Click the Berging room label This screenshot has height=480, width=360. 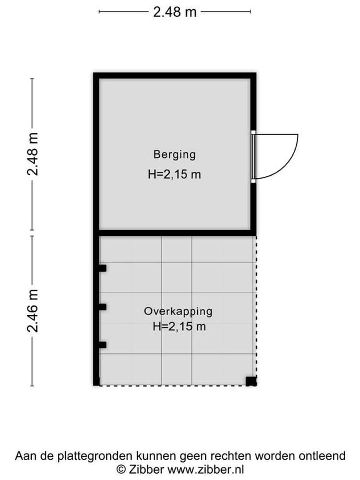coord(175,154)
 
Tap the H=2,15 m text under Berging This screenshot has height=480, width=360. coord(175,175)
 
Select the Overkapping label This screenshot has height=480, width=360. coord(178,311)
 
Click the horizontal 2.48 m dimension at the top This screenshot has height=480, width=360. coord(175,12)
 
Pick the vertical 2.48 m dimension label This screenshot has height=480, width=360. coord(33,154)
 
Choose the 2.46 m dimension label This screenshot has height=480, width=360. coord(33,310)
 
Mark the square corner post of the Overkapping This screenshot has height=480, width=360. coord(251,381)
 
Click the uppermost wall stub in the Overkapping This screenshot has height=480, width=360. coord(102,268)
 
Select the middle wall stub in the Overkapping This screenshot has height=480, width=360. coord(102,307)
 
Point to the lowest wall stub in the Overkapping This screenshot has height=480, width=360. coord(102,344)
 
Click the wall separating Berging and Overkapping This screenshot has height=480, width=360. coord(175,233)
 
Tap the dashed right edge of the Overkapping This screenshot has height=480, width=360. coord(256,305)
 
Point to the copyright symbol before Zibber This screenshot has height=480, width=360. coord(120,469)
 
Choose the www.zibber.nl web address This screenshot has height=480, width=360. coord(206,469)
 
